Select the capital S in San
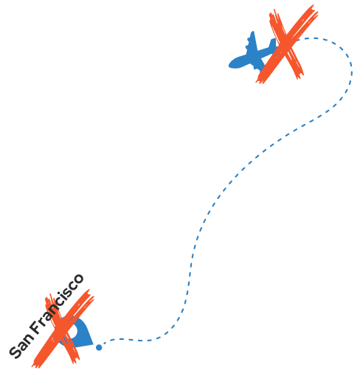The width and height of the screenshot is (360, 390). (x=15, y=352)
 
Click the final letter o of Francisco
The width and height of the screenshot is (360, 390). (x=78, y=279)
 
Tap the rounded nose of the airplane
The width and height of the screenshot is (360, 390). (x=230, y=65)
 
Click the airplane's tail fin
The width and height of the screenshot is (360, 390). (x=273, y=43)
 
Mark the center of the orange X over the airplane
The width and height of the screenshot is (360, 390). (x=286, y=46)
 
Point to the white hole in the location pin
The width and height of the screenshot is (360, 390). (x=73, y=331)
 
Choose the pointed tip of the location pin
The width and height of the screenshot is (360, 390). (x=93, y=344)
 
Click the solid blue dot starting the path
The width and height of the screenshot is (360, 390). (x=99, y=347)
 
